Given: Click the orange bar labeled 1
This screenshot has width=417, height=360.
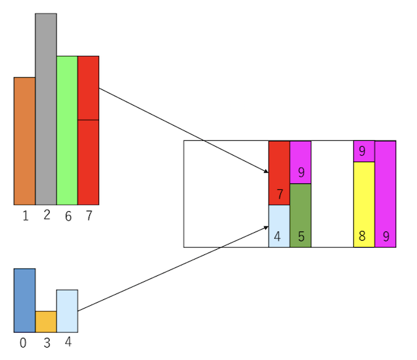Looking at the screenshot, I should point(25,141).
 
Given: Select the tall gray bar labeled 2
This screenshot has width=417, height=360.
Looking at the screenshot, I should point(46,108).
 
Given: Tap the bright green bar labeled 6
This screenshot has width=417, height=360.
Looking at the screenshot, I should point(67,130).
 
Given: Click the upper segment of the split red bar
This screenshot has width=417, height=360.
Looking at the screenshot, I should point(88,88).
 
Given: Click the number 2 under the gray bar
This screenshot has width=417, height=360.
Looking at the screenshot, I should point(46,215).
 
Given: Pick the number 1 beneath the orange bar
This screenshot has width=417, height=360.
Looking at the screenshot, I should point(25,217).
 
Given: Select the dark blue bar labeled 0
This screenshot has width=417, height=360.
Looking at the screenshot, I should point(25,300).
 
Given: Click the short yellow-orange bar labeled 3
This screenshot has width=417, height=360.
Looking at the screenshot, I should point(46,322).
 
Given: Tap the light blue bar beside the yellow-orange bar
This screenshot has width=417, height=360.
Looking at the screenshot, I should point(67,311).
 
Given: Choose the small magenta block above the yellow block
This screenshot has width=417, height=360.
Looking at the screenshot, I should point(364,151).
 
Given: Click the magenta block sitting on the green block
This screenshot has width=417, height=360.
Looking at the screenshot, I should point(300,162).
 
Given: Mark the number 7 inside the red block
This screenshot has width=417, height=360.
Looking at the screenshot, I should point(280,194).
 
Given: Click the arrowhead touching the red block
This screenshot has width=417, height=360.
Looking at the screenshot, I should point(266,172).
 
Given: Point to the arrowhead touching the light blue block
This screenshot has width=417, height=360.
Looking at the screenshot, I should point(266,226).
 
